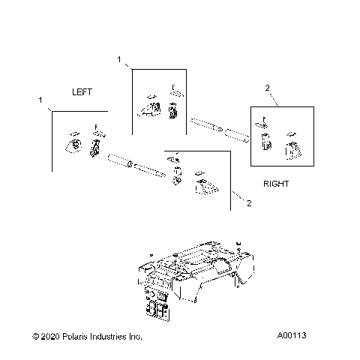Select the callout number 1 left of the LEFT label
[x=40, y=100]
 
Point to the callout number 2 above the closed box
[x=268, y=88]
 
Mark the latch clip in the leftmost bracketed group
[x=95, y=145]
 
